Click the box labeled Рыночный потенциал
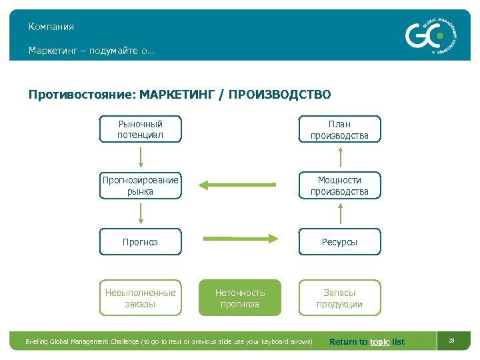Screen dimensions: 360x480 [140, 129]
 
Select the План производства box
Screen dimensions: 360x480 [339, 129]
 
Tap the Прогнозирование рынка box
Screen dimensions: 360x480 [140, 185]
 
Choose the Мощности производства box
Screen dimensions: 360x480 [339, 185]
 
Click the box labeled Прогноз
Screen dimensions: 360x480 [140, 242]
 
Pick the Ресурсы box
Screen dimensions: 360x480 [339, 242]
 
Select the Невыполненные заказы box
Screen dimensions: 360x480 [140, 298]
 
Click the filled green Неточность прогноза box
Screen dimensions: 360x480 [240, 298]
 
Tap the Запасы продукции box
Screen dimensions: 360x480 [339, 298]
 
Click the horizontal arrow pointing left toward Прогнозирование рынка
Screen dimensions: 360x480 [238, 185]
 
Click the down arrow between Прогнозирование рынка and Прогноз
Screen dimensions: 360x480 [141, 213]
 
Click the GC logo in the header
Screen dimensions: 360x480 [432, 35]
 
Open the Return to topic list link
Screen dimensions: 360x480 [367, 342]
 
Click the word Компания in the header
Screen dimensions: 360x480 [51, 27]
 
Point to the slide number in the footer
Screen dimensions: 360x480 [451, 341]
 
